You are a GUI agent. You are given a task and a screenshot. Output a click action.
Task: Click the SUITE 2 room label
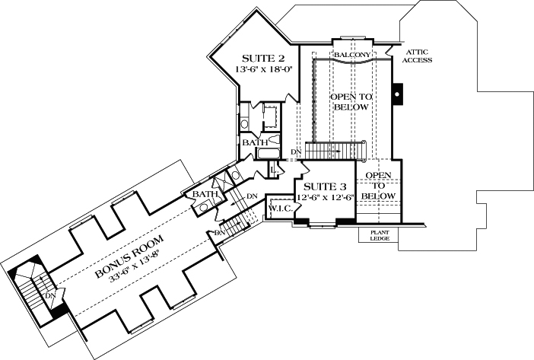tap(263, 58)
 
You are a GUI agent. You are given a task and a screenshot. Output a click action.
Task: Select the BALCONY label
tap(351, 56)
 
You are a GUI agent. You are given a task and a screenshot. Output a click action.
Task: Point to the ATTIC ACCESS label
tap(418, 56)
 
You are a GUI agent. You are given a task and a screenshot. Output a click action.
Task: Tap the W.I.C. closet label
tap(278, 208)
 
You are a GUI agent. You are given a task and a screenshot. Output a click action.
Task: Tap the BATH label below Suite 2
tap(253, 142)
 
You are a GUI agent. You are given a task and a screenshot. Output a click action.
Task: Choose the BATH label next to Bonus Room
tap(204, 196)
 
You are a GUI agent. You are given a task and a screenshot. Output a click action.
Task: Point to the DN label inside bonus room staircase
tap(50, 295)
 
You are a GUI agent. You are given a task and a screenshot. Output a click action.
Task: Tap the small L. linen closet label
tap(272, 169)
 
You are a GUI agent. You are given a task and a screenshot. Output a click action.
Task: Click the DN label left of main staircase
tap(296, 152)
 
